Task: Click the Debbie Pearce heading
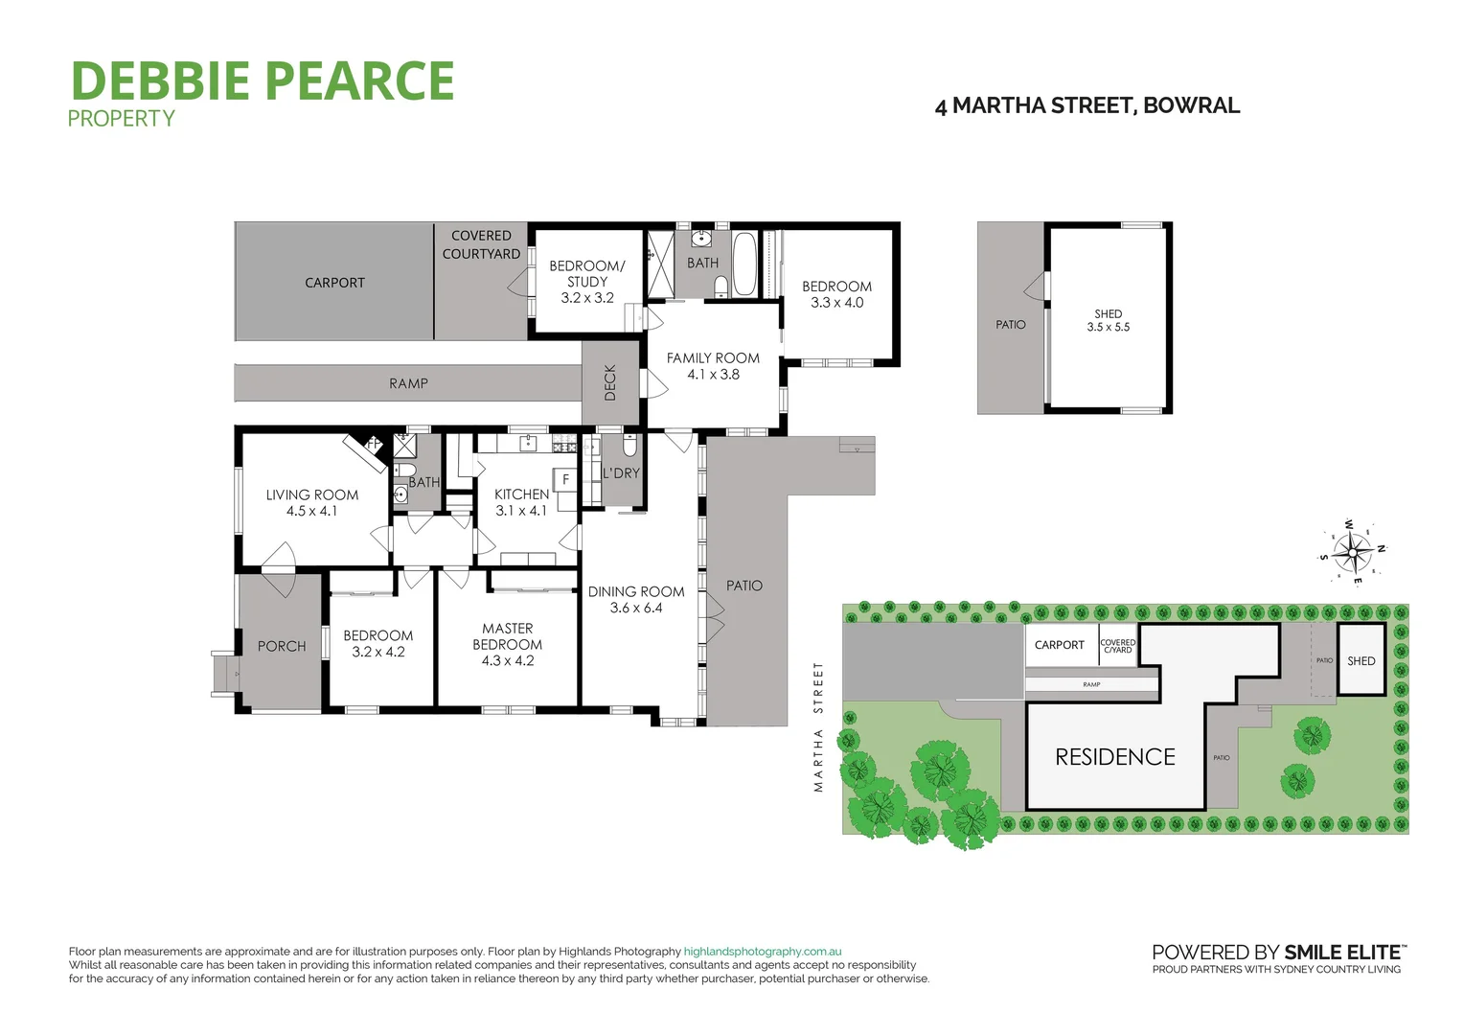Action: [262, 80]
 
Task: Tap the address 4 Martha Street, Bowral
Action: [1087, 105]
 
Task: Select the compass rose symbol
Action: [1352, 551]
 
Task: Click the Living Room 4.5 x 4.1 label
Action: [312, 503]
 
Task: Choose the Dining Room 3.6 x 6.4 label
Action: [636, 600]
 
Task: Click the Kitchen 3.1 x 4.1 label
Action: [521, 502]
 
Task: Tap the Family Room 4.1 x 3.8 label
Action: [713, 366]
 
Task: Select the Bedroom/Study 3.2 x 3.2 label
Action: [586, 282]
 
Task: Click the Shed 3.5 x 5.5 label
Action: [1108, 320]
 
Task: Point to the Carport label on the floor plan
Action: [334, 283]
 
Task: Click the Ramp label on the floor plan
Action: [408, 383]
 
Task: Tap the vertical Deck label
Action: [610, 382]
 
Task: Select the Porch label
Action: [282, 647]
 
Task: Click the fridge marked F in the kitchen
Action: [565, 479]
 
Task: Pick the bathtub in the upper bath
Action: [744, 263]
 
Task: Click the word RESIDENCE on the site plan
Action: [1114, 757]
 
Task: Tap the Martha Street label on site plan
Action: [818, 726]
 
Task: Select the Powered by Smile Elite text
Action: [1279, 952]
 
